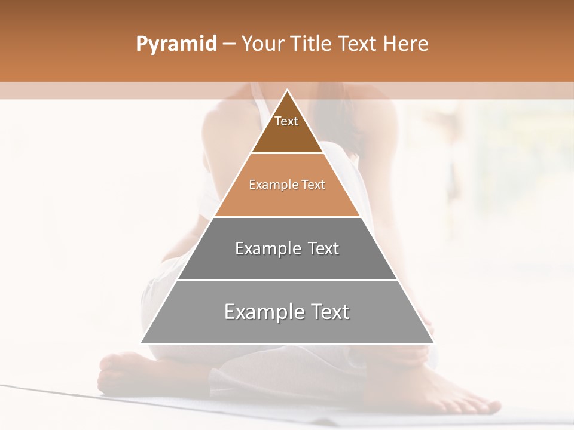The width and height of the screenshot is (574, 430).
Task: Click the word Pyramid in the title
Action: point(176,44)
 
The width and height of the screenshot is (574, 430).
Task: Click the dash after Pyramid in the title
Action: point(228,44)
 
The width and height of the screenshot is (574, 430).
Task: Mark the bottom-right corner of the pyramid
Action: point(433,343)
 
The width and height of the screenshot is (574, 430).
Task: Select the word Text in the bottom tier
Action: point(328,312)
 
